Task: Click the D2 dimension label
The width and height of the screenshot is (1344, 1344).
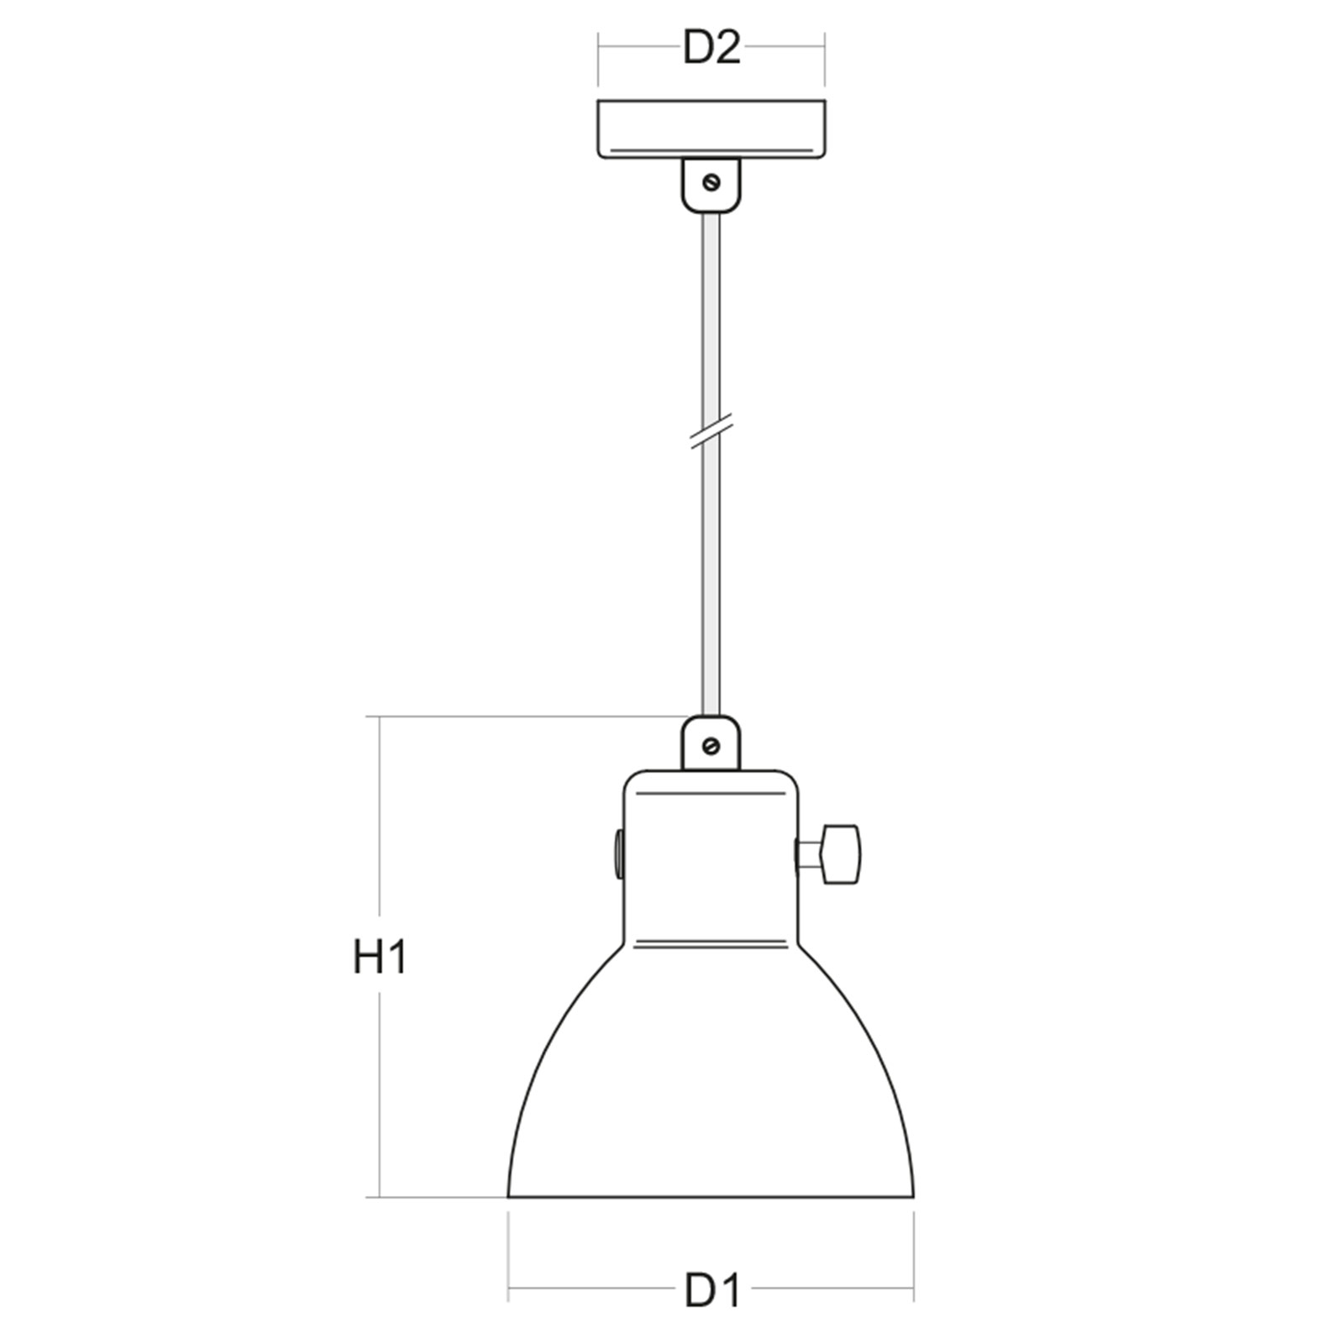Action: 711,49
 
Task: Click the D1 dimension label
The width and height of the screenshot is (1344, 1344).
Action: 712,1291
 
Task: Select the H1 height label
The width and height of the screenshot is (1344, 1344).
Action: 380,958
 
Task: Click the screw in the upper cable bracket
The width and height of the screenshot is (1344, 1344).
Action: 712,181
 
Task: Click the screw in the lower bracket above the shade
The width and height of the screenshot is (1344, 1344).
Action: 711,745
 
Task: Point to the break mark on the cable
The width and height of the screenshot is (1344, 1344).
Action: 711,430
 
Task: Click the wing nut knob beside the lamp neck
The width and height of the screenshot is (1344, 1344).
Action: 840,854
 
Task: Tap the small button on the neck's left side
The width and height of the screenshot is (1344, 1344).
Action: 618,854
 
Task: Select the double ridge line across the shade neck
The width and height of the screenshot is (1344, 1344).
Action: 711,943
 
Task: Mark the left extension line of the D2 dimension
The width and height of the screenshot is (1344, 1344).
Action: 598,59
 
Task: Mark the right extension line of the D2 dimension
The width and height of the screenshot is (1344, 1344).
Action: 824,59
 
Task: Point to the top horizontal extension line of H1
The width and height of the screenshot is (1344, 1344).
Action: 521,717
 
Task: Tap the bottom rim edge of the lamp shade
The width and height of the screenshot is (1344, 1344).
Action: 711,1196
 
